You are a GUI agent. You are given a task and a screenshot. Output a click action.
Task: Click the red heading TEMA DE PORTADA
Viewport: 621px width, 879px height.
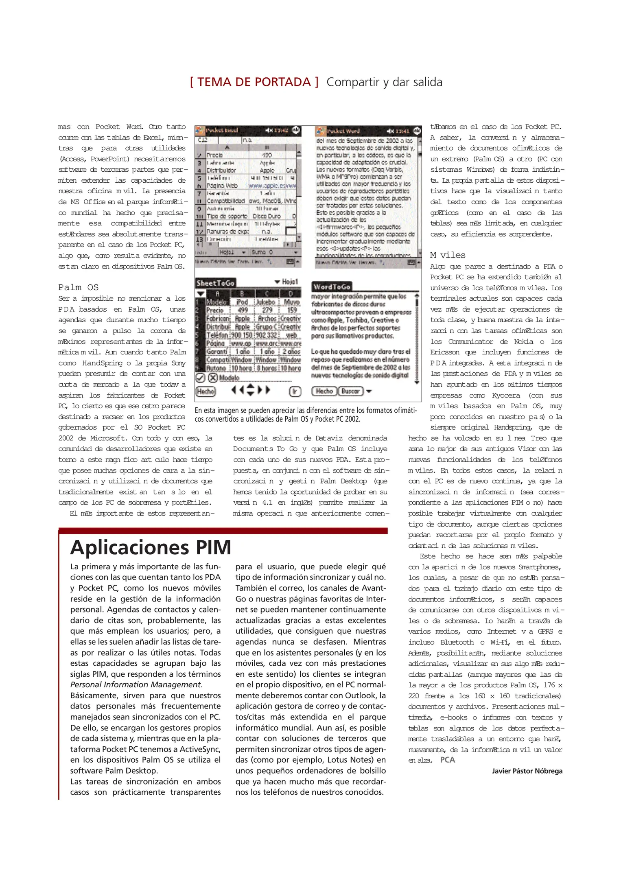pos(254,82)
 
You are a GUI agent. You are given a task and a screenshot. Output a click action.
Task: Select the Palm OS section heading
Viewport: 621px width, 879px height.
pos(78,287)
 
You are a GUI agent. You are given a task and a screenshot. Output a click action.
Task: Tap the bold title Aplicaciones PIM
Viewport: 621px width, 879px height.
pos(151,547)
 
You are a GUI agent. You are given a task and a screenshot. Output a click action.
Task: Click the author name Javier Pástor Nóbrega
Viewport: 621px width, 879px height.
pos(527,771)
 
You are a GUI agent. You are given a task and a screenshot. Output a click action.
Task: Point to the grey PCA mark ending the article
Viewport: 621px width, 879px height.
pos(447,760)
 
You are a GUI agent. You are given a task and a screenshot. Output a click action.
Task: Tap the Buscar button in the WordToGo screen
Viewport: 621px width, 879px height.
pos(350,391)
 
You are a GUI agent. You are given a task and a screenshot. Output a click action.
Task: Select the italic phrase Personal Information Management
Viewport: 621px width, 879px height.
pos(136,684)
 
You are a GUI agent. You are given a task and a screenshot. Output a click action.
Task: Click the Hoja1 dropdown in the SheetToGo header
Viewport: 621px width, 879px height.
pos(287,282)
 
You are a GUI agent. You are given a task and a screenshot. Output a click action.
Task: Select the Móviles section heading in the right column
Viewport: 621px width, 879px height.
pos(448,255)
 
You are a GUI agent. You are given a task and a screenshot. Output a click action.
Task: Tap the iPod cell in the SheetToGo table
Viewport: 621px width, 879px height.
pos(242,302)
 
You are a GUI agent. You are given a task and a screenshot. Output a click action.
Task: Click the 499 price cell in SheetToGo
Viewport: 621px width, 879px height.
pos(243,310)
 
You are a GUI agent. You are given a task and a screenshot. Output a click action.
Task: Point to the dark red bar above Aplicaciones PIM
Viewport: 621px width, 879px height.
pos(223,531)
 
